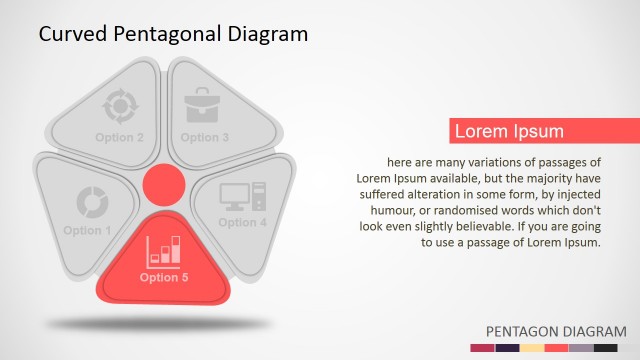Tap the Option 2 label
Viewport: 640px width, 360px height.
coord(120,137)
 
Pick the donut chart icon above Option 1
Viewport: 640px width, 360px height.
coord(91,202)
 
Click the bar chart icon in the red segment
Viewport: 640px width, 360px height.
coord(164,251)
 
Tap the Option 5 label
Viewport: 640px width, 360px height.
coord(164,278)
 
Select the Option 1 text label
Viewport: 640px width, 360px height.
coord(88,231)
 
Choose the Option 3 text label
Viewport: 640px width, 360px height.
coord(205,137)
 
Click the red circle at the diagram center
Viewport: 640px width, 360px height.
coord(162,185)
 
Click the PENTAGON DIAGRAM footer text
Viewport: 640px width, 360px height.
coord(555,331)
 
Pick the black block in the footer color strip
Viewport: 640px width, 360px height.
coord(606,348)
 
